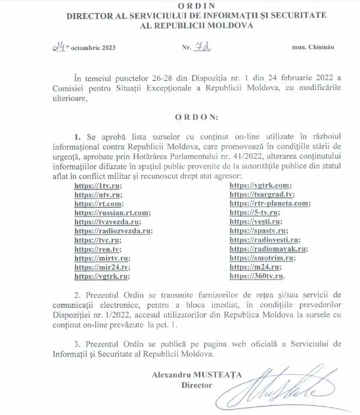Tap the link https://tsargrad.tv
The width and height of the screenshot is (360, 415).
pyautogui.click(x=261, y=196)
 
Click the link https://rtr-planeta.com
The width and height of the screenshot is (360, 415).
pyautogui.click(x=269, y=205)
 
